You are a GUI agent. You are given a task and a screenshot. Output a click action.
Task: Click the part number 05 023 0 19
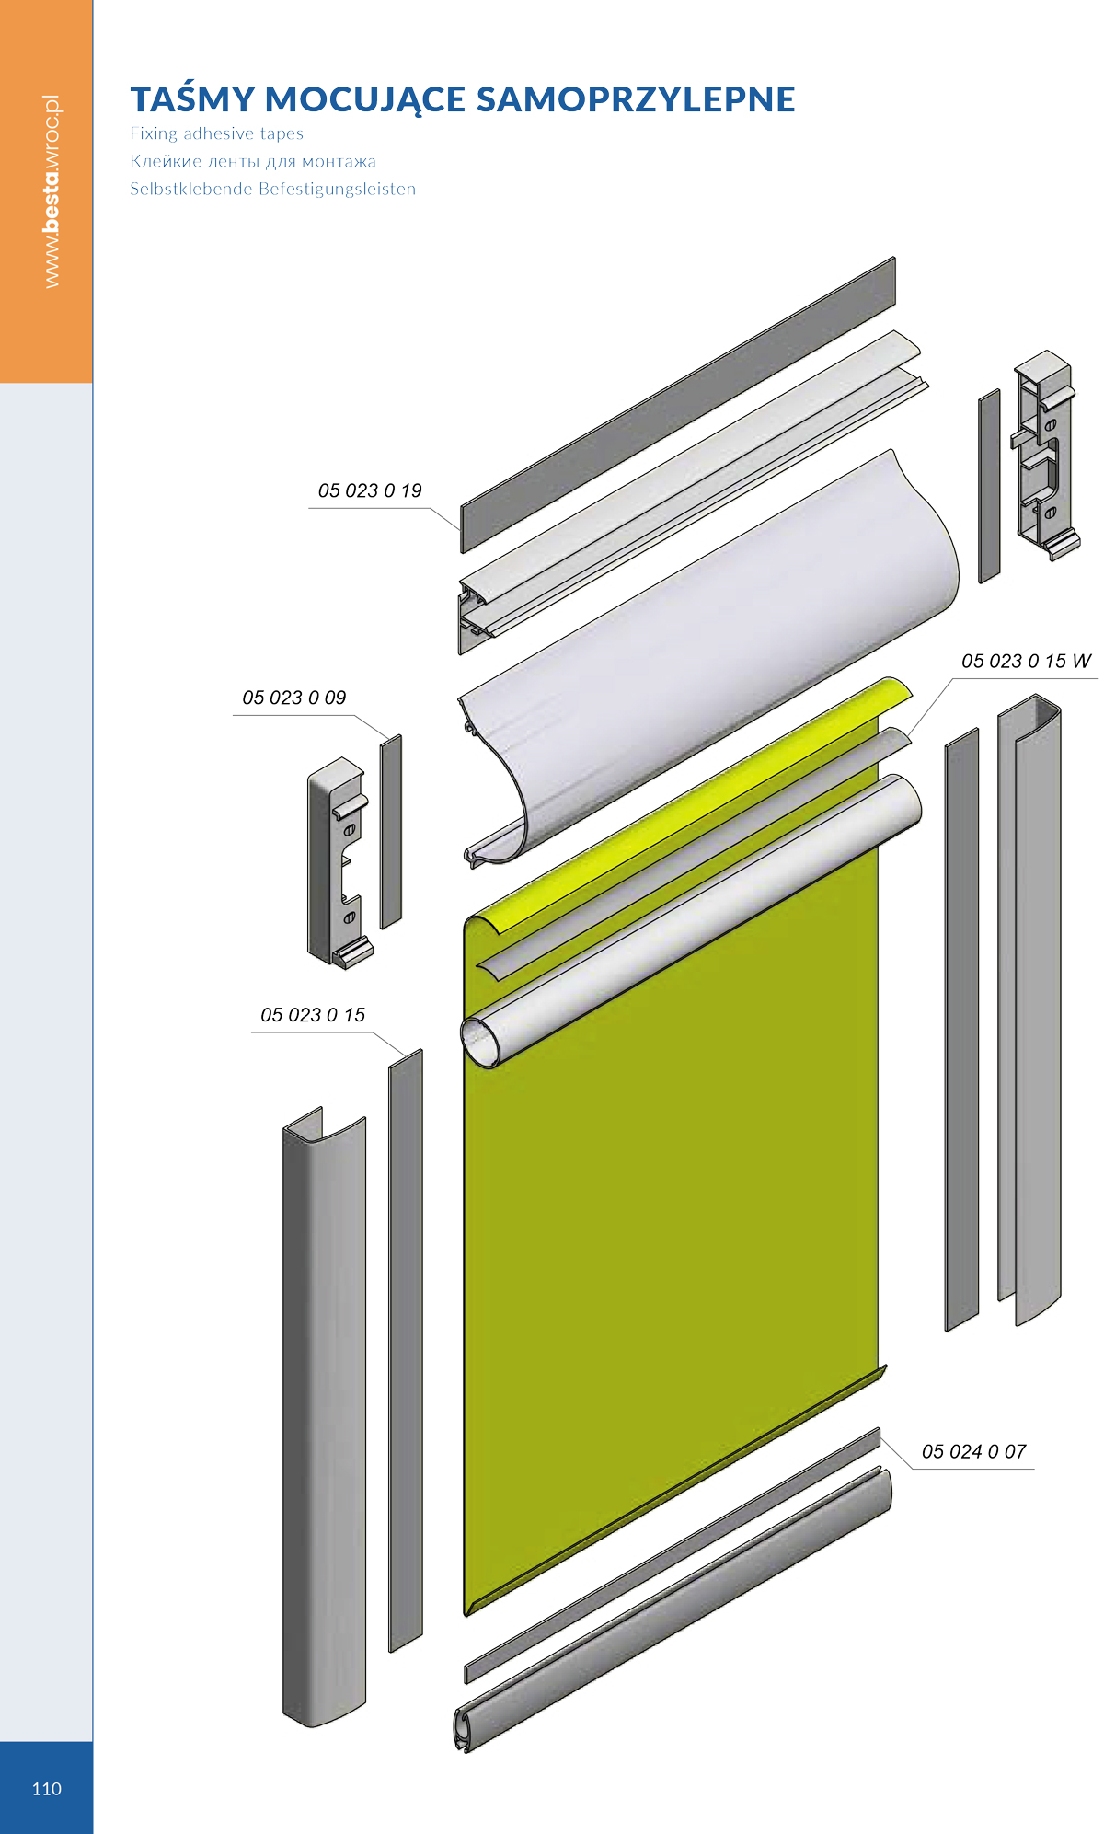(x=370, y=490)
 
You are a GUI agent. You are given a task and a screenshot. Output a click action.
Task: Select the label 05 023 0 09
(x=294, y=698)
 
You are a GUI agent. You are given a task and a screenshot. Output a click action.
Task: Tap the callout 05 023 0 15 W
(x=1026, y=661)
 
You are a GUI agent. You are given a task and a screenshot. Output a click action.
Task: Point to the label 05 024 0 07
(x=973, y=1451)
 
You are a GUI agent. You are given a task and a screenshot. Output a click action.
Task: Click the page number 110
(x=46, y=1789)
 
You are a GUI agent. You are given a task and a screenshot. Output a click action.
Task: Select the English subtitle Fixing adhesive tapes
(x=216, y=133)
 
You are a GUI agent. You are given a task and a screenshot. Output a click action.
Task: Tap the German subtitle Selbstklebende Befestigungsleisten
(x=272, y=189)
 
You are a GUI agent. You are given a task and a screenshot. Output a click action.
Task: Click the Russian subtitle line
(x=253, y=161)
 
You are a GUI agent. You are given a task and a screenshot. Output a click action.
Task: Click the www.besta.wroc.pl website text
(x=52, y=191)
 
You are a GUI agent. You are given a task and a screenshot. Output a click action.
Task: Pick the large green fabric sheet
(x=672, y=1196)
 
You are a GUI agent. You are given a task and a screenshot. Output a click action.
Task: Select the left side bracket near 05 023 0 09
(x=338, y=862)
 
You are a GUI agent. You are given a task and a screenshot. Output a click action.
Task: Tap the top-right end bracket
(x=1045, y=455)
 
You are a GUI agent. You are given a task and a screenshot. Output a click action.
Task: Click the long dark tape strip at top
(x=678, y=405)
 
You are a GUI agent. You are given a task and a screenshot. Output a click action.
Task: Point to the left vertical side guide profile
(x=324, y=1417)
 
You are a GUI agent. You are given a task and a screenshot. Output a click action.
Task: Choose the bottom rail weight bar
(x=673, y=1610)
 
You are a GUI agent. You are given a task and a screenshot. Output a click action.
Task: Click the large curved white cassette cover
(x=708, y=658)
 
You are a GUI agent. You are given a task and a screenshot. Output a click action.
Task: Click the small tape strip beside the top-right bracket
(x=989, y=486)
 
